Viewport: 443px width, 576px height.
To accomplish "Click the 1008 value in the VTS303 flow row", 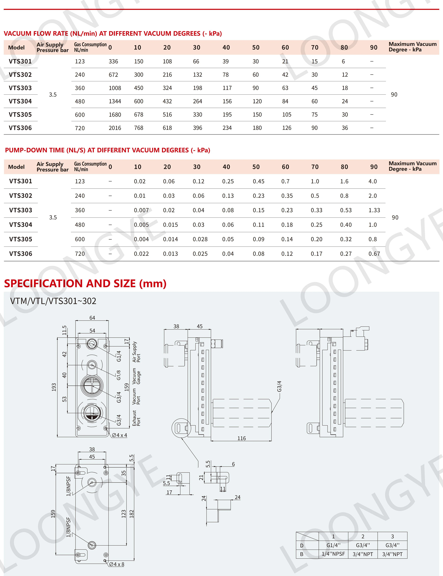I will click(115, 88).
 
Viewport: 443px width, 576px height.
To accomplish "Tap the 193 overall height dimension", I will click(54, 387).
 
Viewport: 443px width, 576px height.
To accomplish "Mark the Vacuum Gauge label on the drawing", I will click(136, 376).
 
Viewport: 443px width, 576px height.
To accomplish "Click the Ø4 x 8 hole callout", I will click(116, 564).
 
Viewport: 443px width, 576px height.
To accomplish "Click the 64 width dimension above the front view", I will click(92, 318).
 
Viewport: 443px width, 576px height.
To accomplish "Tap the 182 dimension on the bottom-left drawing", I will click(132, 514).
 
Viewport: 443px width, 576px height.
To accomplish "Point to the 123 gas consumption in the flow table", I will click(80, 61).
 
